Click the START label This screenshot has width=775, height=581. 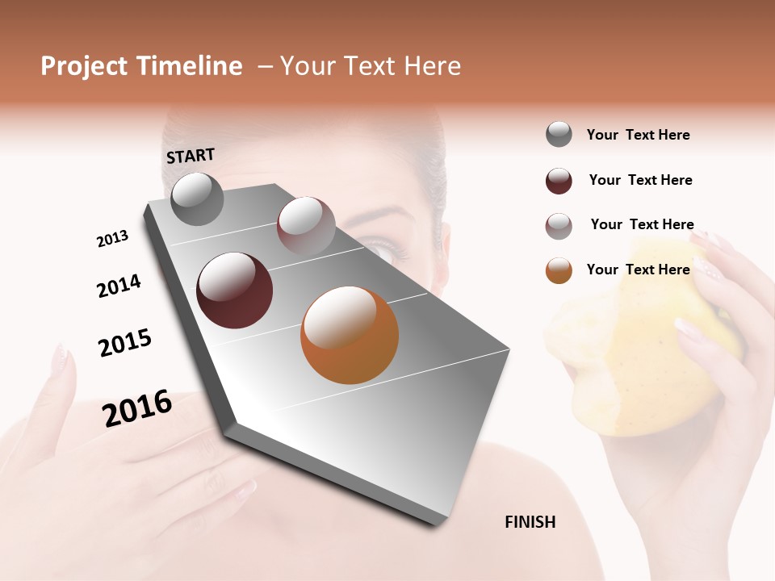coord(191,156)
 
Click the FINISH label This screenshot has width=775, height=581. coord(530,522)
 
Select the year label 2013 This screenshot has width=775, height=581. coord(112,239)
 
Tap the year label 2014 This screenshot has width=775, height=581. coord(119,286)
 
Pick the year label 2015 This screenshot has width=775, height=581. coord(125,342)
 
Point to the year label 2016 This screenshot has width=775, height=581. coord(137,408)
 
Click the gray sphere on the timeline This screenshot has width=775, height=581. coord(197,199)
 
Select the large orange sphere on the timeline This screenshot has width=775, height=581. coord(350,335)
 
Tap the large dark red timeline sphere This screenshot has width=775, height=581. coord(234,290)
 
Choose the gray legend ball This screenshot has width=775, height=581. coord(559,135)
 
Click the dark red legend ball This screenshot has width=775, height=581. coord(559,181)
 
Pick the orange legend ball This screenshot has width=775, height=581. coord(559,270)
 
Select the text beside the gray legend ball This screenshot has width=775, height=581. coord(638,135)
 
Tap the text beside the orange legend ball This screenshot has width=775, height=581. coord(638,270)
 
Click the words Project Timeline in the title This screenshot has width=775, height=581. coord(141,66)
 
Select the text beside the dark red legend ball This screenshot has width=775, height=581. coord(640,180)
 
